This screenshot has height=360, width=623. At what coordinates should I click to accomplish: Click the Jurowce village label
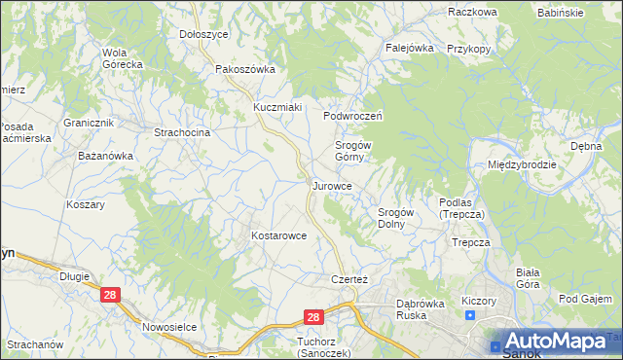coord(339,185)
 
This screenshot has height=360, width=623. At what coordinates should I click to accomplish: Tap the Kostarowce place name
coord(279,235)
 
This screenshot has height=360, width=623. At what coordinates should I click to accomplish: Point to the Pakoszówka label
coord(245,69)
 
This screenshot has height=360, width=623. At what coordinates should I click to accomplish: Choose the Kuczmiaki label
coord(277,106)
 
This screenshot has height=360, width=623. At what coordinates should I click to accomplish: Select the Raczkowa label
coord(473,12)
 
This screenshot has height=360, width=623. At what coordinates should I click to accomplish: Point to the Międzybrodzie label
coord(523,164)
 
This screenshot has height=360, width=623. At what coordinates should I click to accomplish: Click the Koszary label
coord(85,205)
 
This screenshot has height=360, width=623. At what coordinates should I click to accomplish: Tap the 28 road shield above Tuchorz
coord(312,317)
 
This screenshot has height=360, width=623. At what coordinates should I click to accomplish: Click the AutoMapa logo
coord(556,342)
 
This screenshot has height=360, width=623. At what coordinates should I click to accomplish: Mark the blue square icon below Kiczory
coord(470,315)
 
